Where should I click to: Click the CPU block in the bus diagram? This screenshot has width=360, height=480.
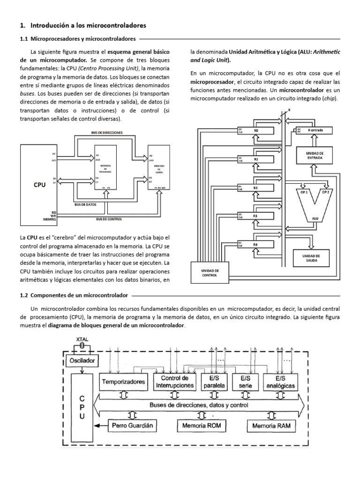point(39,185)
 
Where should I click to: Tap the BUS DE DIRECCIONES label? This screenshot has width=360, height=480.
point(107,133)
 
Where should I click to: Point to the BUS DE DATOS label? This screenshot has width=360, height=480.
point(85,205)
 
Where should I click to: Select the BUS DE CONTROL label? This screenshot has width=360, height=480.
point(109,219)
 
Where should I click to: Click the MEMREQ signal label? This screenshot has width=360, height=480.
point(49,219)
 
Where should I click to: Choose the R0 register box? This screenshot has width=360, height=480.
point(256,130)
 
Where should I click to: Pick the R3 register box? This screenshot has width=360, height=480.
point(255,216)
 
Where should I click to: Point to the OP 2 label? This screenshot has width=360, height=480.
point(325,192)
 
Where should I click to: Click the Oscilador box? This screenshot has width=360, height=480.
point(82,361)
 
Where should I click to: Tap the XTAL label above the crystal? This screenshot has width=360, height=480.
point(82,339)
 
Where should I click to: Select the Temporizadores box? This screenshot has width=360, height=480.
point(124,382)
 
